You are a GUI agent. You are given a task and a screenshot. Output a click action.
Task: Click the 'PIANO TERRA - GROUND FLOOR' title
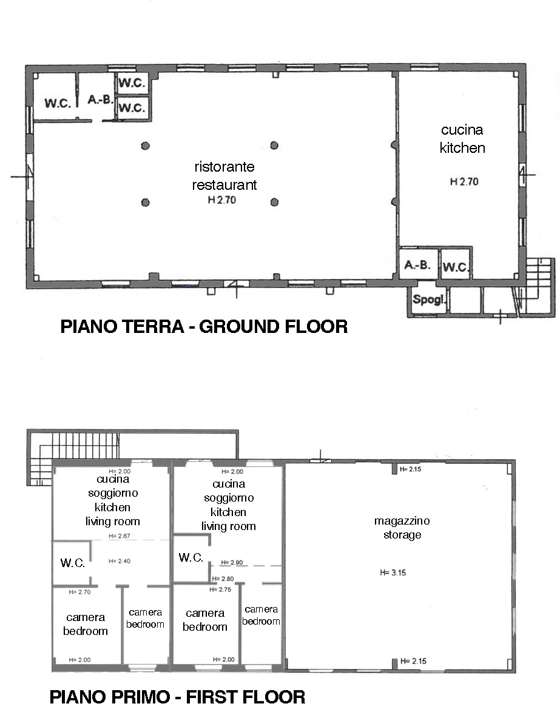204,326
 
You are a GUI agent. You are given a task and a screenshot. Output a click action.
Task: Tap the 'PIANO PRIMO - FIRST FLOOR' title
177,697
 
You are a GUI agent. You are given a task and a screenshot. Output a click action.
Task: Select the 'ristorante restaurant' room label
224,175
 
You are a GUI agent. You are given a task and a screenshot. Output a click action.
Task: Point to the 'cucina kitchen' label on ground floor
462,139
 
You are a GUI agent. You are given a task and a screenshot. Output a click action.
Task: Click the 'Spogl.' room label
428,300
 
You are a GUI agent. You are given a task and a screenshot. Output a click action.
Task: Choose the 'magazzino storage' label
402,528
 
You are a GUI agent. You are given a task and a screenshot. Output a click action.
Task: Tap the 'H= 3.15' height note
393,572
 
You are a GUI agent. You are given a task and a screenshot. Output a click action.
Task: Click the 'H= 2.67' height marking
120,535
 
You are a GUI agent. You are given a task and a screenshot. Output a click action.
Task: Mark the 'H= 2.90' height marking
232,562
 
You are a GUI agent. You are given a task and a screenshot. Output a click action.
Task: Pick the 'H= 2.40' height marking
120,561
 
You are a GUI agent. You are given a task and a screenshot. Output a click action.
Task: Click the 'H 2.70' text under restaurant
222,200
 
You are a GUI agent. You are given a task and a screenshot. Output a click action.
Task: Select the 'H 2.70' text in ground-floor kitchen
464,181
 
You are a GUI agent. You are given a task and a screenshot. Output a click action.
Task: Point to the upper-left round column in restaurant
146,146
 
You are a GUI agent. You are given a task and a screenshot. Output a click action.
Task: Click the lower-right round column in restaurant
274,202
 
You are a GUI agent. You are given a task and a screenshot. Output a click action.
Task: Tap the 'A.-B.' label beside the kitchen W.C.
417,264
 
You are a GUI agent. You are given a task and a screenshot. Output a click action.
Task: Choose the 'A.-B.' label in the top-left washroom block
100,99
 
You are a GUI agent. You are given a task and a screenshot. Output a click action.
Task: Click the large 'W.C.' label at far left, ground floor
58,103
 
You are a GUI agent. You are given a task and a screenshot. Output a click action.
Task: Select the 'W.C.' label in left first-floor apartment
73,563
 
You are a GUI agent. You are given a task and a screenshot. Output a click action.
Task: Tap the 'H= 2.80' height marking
223,579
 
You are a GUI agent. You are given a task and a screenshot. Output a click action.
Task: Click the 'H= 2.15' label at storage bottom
413,661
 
